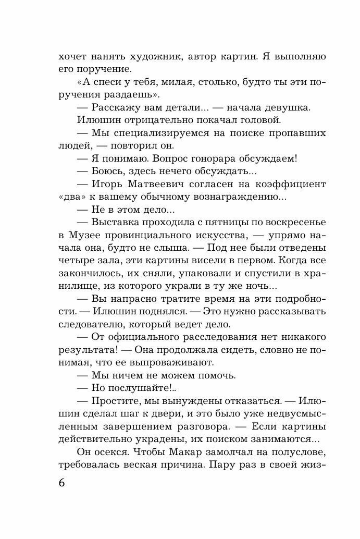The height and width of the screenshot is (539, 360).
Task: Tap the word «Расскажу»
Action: point(114,108)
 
